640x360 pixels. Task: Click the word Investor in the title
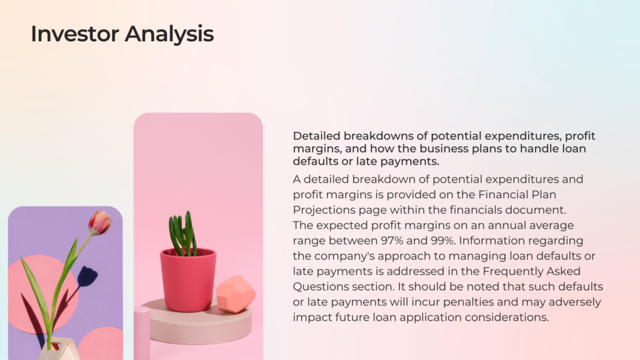[75, 34]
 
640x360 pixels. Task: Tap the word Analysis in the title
[169, 34]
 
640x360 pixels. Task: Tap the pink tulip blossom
[100, 222]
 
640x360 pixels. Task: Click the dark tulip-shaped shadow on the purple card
[86, 276]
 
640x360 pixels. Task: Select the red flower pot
[187, 279]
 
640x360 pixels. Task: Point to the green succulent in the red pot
[183, 234]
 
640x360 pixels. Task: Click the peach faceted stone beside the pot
[236, 294]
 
